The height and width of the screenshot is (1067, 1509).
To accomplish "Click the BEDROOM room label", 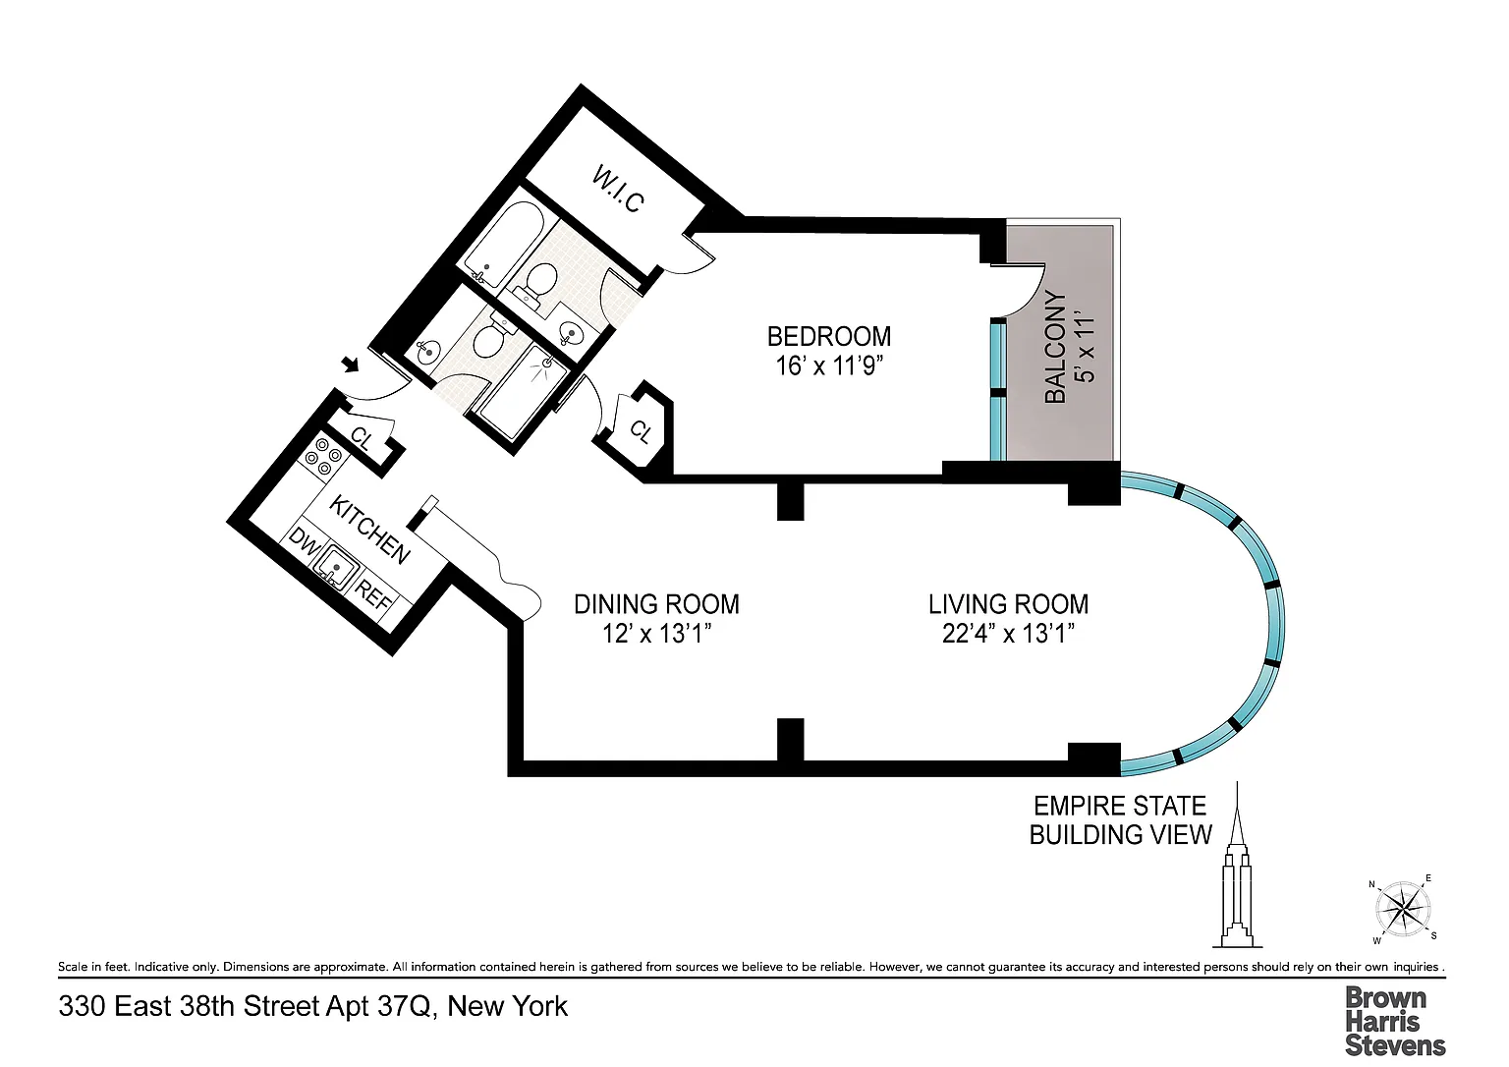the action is [x=828, y=335].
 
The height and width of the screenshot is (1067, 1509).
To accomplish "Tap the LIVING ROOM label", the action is [x=1009, y=604].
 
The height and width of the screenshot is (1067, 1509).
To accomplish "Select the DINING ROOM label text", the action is [x=657, y=604].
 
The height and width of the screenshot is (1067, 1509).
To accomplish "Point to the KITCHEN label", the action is [x=369, y=530].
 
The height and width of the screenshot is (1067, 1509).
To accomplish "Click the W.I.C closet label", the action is [x=618, y=190].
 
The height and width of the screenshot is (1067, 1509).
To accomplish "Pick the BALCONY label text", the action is [x=1055, y=348].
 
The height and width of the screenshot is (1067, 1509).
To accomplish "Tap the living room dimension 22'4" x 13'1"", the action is [x=1009, y=634].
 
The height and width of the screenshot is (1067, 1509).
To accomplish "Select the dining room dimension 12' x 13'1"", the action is [x=657, y=634].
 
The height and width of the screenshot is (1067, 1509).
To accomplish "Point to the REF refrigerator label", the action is [x=372, y=595].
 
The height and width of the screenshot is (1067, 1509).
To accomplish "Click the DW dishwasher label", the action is [x=304, y=542].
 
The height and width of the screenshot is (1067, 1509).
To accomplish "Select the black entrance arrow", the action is [x=351, y=365].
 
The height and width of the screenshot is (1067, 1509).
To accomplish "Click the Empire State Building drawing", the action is [x=1237, y=865].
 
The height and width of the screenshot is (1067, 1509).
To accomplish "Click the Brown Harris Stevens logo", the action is [x=1395, y=1022].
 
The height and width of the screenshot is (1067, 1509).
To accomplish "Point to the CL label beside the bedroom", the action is [x=641, y=430].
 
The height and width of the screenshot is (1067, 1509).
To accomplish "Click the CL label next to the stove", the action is [x=361, y=439].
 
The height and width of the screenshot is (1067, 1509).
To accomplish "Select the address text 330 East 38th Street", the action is [x=190, y=1006].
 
